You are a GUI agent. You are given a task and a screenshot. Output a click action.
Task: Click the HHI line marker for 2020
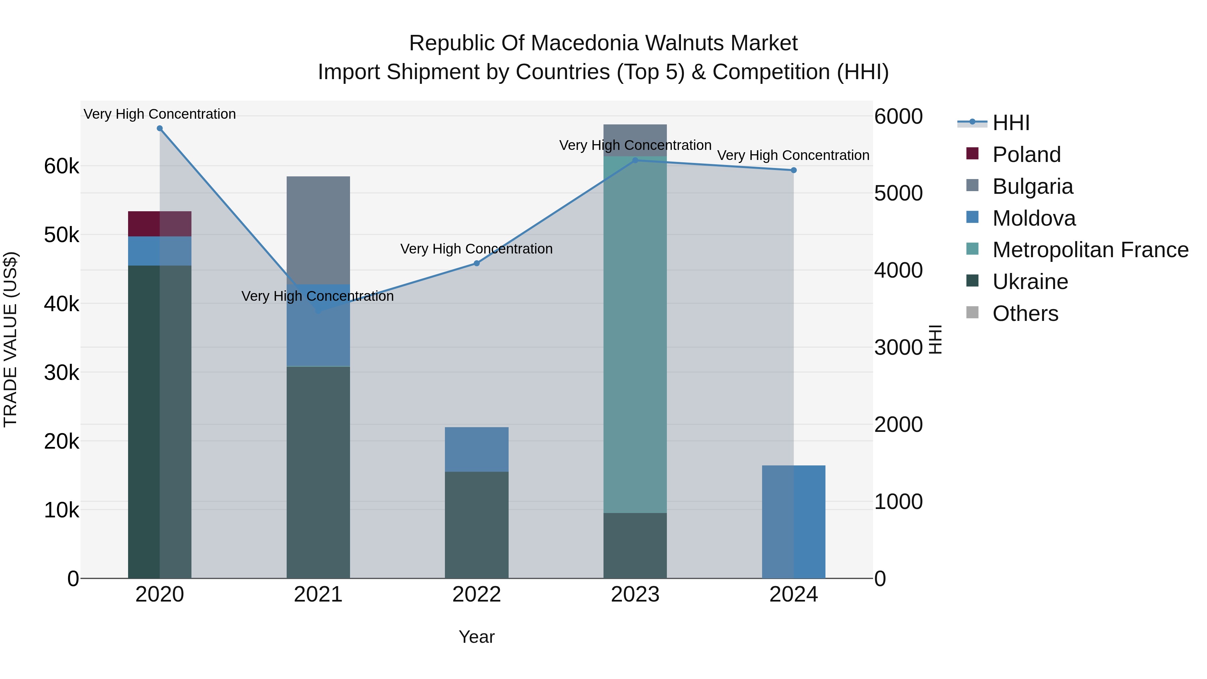pyautogui.click(x=160, y=128)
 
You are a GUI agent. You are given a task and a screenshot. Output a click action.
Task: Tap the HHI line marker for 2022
pyautogui.click(x=476, y=263)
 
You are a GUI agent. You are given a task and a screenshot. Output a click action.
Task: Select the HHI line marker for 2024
pyautogui.click(x=794, y=170)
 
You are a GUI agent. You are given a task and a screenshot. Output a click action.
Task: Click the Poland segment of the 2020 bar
pyautogui.click(x=160, y=224)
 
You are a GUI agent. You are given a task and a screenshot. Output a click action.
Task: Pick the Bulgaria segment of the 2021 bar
pyautogui.click(x=318, y=231)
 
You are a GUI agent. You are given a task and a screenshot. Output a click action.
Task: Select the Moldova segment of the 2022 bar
pyautogui.click(x=476, y=449)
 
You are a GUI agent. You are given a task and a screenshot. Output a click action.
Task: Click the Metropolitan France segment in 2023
pyautogui.click(x=635, y=335)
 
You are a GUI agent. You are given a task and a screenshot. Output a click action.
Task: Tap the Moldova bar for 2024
pyautogui.click(x=794, y=522)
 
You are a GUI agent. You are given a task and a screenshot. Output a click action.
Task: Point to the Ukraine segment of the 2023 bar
pyautogui.click(x=635, y=546)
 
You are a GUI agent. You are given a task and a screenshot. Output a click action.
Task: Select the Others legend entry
pyautogui.click(x=1012, y=314)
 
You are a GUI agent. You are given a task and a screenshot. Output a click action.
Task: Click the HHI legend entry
pyautogui.click(x=993, y=123)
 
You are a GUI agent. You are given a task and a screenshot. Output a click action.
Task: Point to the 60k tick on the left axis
pyautogui.click(x=62, y=166)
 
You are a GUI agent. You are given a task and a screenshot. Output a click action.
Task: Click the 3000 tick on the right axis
pyautogui.click(x=899, y=347)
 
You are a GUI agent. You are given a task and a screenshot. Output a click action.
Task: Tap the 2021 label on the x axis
pyautogui.click(x=318, y=595)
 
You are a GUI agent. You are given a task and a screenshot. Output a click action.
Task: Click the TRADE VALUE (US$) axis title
pyautogui.click(x=11, y=339)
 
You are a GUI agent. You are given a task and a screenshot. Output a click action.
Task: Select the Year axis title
pyautogui.click(x=476, y=637)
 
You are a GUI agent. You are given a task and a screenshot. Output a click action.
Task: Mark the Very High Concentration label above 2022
pyautogui.click(x=476, y=248)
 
